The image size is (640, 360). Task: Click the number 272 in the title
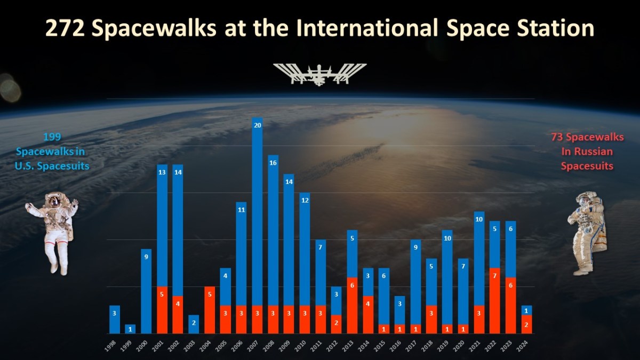[65, 28]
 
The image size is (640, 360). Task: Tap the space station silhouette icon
[319, 74]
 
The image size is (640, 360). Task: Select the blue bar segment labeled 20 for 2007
[257, 211]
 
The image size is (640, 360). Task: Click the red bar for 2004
[210, 310]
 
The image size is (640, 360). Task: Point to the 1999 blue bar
[130, 329]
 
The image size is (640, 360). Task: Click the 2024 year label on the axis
[523, 346]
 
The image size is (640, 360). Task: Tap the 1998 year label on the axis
[111, 346]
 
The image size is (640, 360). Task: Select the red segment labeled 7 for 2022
[495, 301]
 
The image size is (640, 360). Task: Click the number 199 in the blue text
[52, 137]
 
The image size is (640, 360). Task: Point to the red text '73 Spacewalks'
[587, 137]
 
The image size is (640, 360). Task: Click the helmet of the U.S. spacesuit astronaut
[54, 200]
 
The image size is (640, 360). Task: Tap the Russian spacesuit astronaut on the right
[587, 233]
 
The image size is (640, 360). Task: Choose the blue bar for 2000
[146, 291]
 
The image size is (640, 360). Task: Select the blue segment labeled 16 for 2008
[273, 230]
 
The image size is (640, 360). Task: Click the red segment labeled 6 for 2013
[352, 306]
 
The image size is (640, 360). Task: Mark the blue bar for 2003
[194, 324]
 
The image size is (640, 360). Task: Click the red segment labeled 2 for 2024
[526, 324]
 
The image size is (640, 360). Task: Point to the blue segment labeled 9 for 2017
[415, 282]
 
